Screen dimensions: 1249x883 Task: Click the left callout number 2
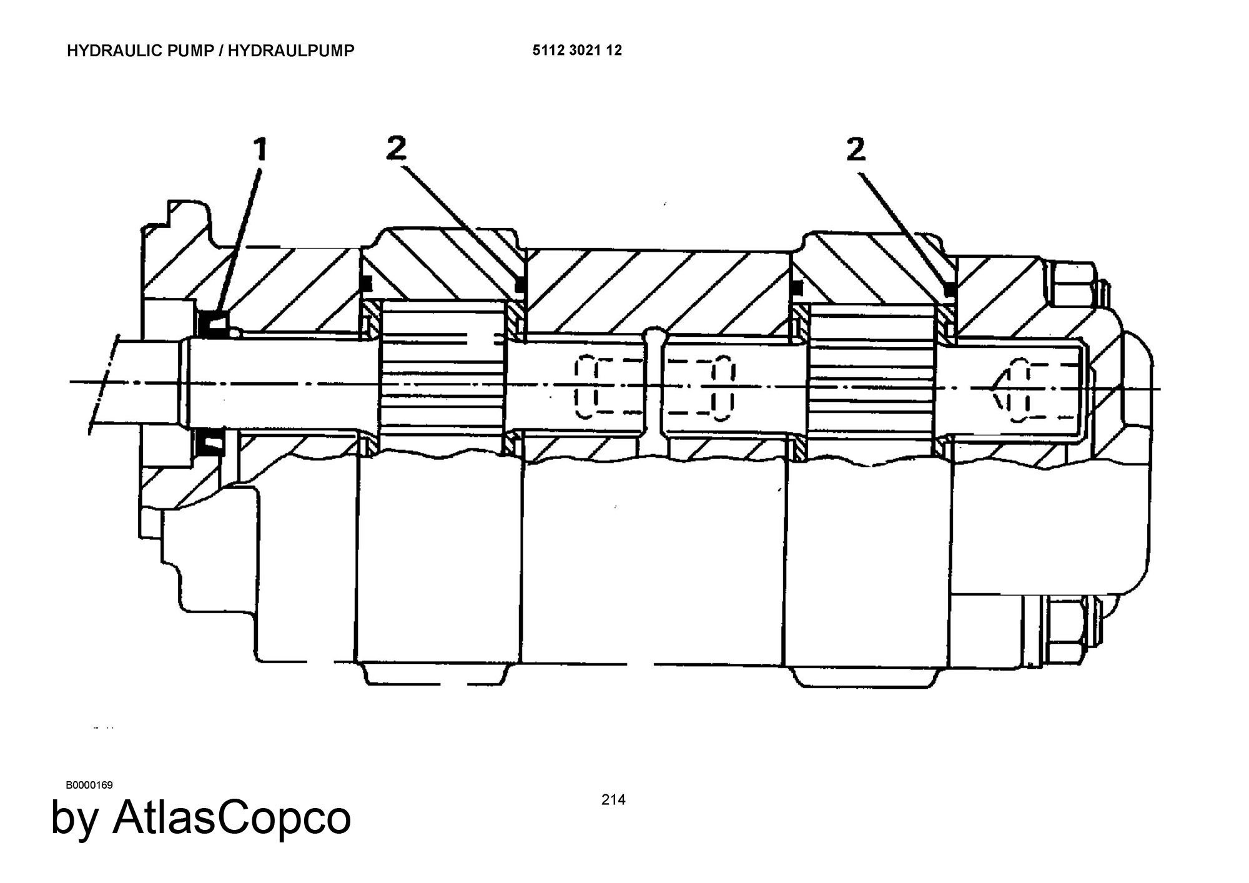point(396,148)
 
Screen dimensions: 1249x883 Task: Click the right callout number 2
point(856,150)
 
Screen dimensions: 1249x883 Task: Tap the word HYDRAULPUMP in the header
point(291,51)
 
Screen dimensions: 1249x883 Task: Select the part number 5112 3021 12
point(577,51)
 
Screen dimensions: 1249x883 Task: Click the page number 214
point(613,799)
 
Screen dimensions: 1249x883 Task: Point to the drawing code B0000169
point(89,785)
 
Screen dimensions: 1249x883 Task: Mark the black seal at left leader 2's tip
point(518,285)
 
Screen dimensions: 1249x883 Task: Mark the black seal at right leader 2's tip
point(950,289)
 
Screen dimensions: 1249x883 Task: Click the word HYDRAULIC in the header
point(116,51)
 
